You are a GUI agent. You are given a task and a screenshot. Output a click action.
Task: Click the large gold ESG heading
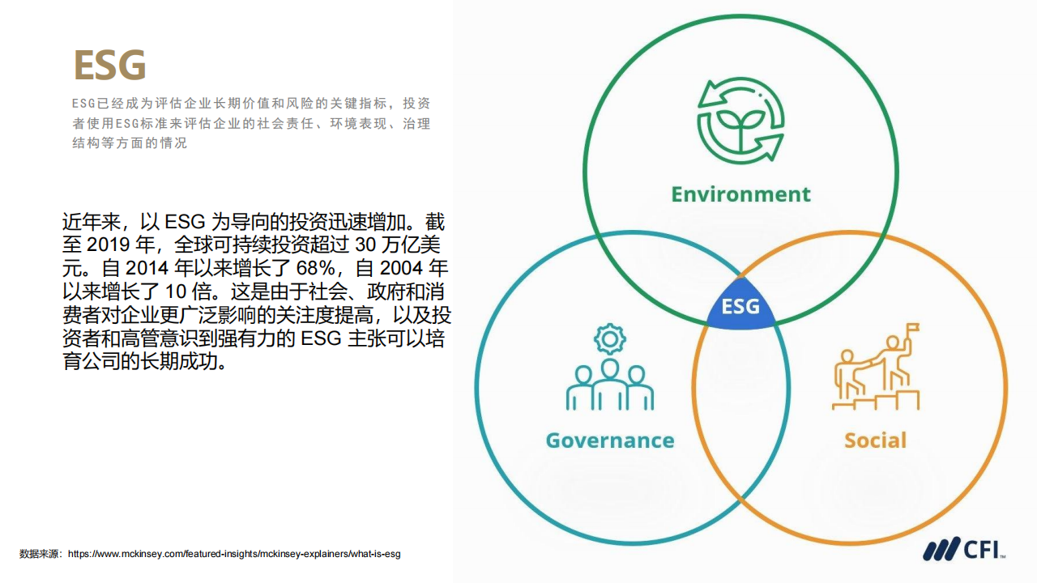tap(109, 66)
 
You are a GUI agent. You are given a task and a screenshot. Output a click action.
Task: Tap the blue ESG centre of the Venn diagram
tap(740, 306)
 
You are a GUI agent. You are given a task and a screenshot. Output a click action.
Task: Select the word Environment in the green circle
tap(740, 194)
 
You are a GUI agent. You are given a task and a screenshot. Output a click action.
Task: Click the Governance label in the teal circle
tap(610, 440)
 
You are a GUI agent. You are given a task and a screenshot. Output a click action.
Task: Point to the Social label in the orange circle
tap(876, 440)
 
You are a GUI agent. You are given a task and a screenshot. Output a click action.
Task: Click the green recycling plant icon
tap(740, 121)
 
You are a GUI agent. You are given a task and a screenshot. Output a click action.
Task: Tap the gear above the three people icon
tap(610, 339)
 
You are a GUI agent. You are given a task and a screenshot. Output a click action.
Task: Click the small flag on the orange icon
tap(912, 328)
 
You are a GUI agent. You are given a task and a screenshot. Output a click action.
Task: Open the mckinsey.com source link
tap(234, 554)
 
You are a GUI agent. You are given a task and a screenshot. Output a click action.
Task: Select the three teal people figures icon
tap(610, 385)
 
